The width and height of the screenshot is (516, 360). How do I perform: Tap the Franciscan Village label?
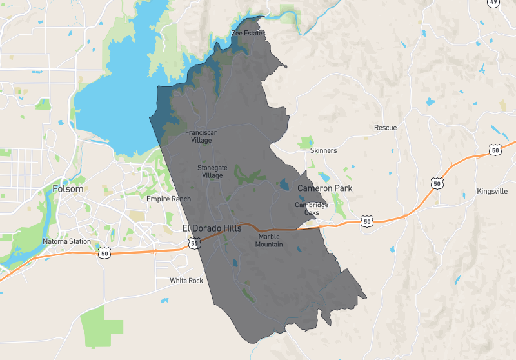[202, 136]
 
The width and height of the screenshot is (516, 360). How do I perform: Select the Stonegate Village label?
[212, 171]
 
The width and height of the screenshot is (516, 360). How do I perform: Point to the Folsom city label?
[68, 189]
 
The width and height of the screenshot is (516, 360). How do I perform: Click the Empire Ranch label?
[168, 199]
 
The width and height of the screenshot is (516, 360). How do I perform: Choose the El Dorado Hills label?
[212, 228]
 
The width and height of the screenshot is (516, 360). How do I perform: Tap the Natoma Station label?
[67, 241]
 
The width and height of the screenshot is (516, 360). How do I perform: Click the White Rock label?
[186, 281]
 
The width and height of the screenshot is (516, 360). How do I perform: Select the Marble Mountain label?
[269, 240]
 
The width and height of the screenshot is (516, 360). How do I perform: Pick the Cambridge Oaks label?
[312, 208]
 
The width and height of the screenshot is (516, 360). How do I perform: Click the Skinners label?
[323, 150]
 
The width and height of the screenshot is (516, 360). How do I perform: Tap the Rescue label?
[386, 128]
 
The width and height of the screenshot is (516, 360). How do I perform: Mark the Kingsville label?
[493, 192]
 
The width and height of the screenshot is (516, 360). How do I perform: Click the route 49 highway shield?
[493, 3]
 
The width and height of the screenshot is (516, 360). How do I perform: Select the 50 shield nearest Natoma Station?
[104, 254]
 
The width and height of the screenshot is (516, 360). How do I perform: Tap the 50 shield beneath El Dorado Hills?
[194, 243]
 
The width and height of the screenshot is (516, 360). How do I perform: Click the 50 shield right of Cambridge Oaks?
[367, 221]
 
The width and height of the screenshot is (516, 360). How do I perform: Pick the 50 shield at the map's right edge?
[495, 150]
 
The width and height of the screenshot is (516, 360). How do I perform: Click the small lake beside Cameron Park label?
[285, 185]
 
